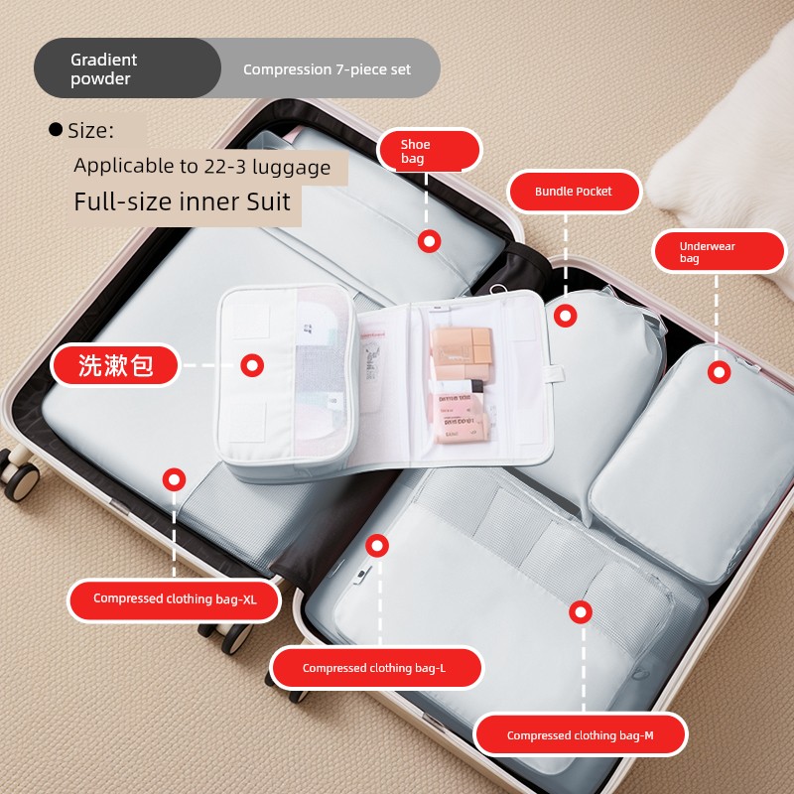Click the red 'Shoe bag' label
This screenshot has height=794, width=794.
[430, 151]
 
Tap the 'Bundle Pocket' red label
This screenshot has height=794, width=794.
[575, 192]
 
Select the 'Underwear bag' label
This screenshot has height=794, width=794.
[720, 252]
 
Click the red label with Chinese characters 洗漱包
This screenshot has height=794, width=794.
[115, 365]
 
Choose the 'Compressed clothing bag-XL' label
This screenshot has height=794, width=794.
[175, 599]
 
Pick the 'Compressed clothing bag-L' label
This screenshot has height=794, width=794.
[376, 668]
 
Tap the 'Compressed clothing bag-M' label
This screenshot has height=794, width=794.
[581, 734]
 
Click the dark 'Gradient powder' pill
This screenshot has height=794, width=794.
[127, 68]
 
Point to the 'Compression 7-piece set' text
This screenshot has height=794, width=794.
[327, 69]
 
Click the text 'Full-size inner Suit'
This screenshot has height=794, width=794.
[183, 201]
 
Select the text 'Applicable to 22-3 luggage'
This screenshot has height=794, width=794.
[202, 167]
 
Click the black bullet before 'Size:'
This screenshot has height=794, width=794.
[56, 130]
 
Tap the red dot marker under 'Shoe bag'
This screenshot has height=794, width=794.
[429, 241]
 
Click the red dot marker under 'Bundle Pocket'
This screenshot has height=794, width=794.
[565, 316]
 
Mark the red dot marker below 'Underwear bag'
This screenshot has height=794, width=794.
[719, 373]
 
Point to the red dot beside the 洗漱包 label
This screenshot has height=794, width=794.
[252, 365]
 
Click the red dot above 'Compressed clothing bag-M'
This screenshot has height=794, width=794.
[581, 612]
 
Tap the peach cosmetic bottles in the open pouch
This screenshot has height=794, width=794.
[461, 385]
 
